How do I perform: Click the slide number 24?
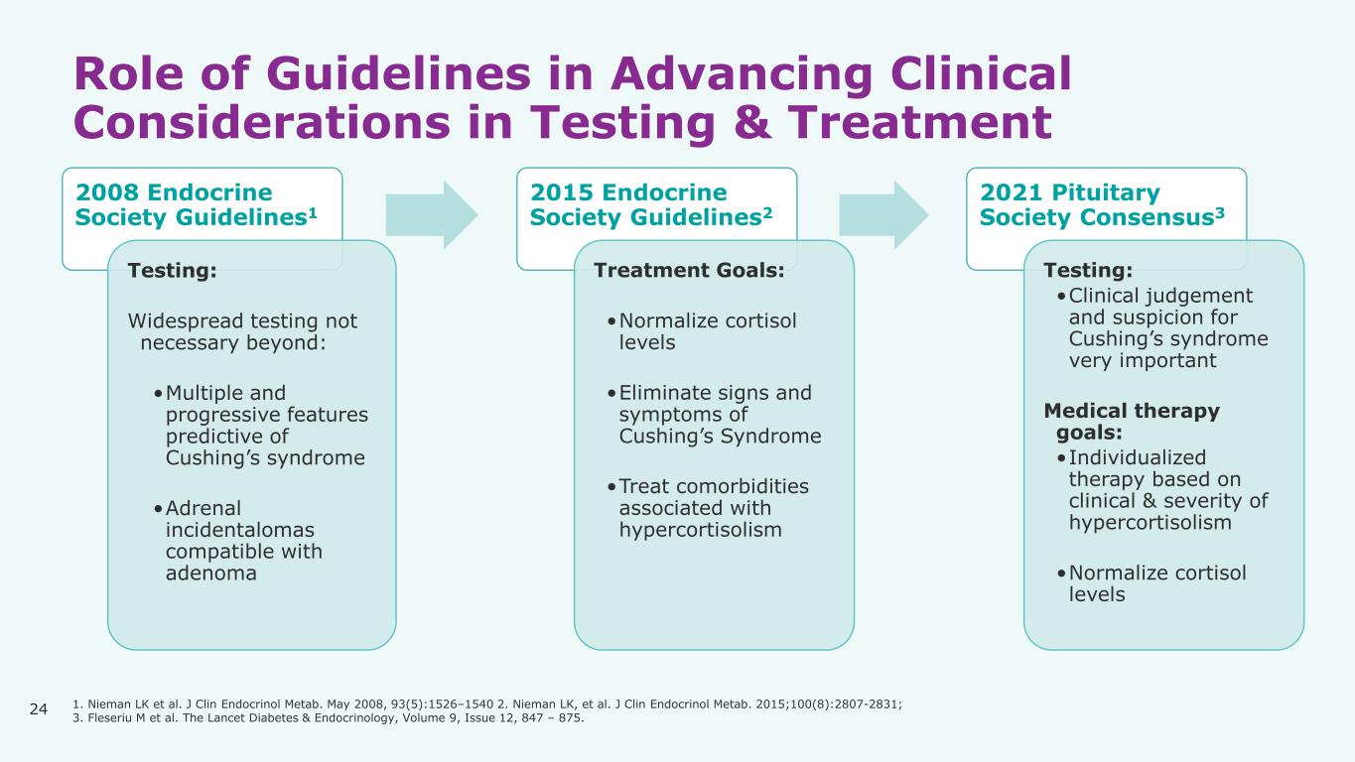[39, 708]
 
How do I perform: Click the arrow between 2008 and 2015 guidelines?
[431, 215]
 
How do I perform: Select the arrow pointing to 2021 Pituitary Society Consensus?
[883, 215]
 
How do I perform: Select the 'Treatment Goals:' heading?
[688, 271]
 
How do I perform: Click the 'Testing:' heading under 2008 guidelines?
[172, 271]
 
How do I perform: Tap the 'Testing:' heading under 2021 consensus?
[1087, 271]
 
